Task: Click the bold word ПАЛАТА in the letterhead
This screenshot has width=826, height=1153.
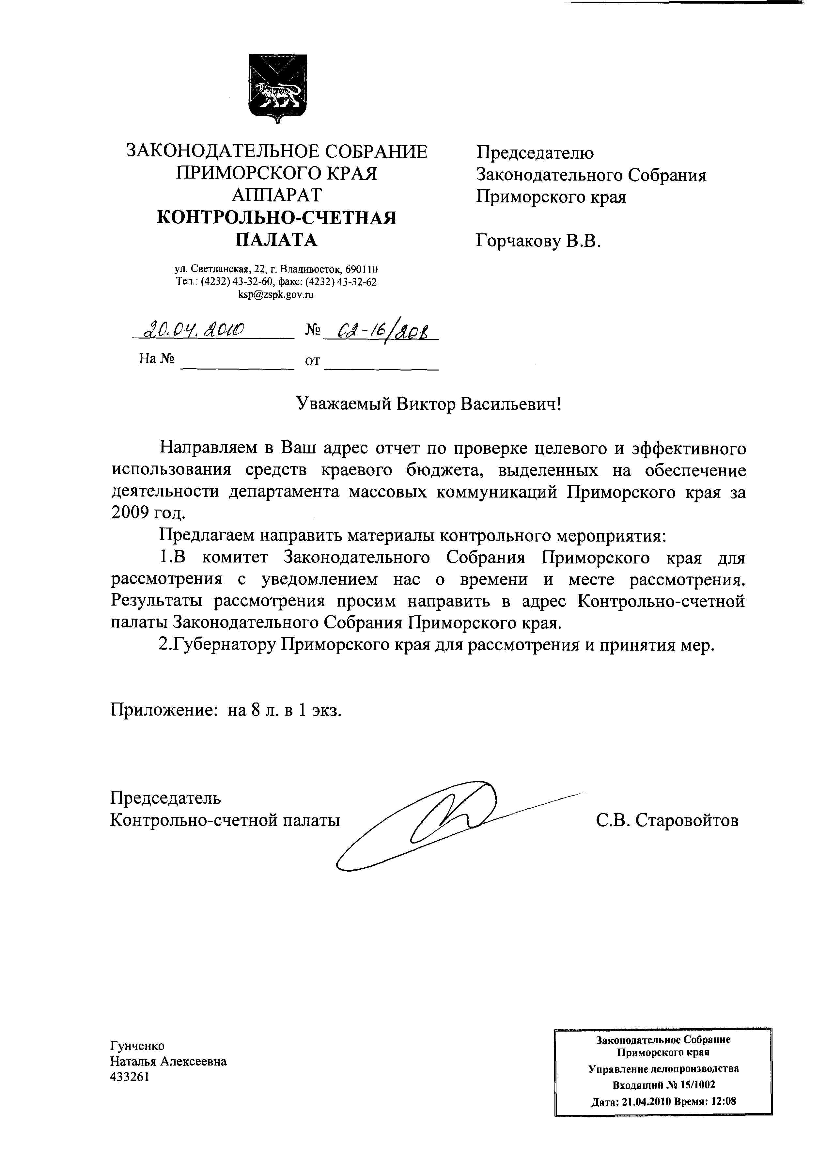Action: pos(276,239)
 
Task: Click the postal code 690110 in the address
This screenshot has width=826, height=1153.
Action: pos(361,269)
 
